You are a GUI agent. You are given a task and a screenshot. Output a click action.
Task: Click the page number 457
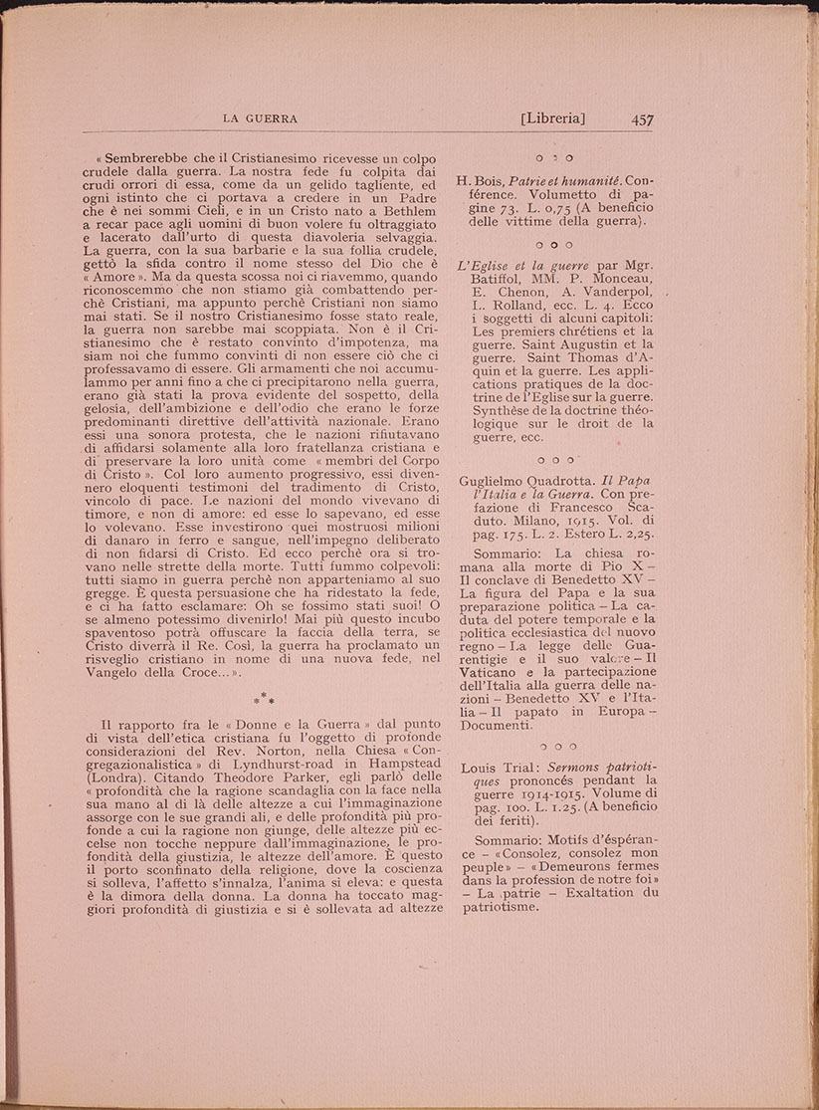click(641, 119)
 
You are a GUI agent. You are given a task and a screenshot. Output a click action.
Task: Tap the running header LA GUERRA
click(261, 119)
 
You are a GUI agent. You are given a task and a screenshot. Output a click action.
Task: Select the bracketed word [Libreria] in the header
click(552, 119)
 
